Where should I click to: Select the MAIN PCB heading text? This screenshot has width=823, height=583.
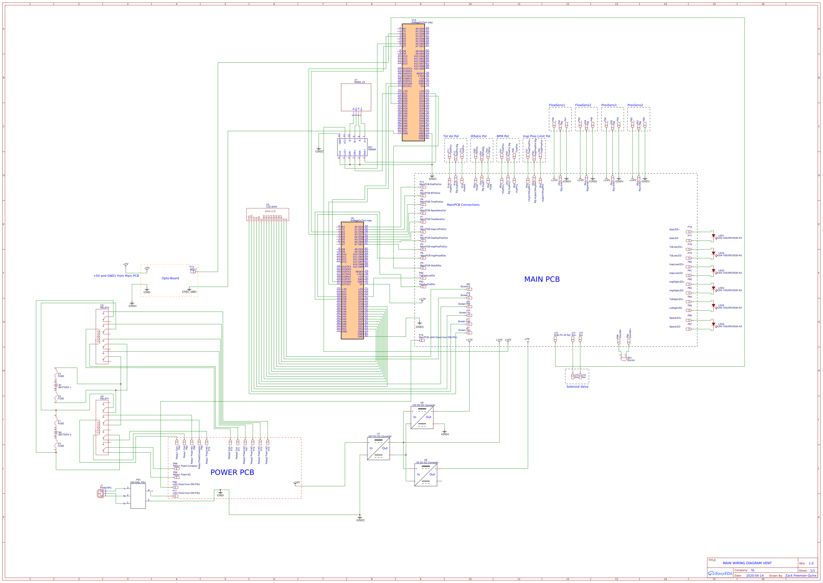coord(541,279)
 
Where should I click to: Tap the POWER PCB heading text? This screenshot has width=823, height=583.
coord(232,472)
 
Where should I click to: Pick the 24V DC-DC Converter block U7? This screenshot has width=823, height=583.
coord(378,449)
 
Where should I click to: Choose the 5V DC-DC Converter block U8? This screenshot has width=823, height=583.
coord(426,475)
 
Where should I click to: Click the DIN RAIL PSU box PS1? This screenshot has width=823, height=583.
coord(138,496)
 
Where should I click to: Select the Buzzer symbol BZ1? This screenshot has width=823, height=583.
coord(624,358)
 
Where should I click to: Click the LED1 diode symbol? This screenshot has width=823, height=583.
coord(713,236)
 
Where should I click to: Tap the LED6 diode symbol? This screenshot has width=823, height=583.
coord(713,325)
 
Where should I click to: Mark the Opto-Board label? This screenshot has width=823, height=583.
coord(170,278)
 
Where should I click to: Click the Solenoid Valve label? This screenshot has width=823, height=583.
coord(577,387)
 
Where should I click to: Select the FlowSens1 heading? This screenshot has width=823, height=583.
coord(557,105)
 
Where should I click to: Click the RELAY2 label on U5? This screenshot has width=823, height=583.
coord(104,308)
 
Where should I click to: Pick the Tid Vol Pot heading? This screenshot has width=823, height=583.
coord(451,137)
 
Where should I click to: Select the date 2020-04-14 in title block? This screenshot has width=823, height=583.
coord(755,576)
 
